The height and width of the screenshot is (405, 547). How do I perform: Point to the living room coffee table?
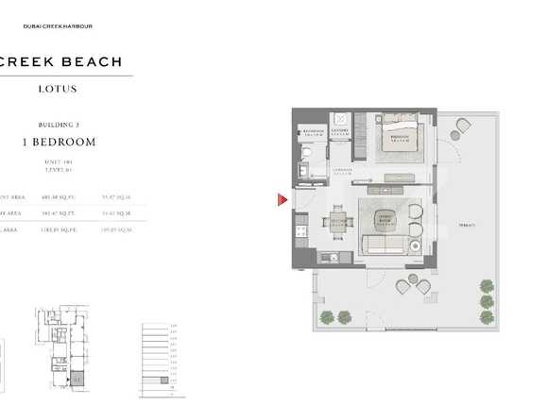pos(386,220)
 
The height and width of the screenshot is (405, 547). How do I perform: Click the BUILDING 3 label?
pos(59,125)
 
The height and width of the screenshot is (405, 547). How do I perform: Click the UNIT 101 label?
pos(59,160)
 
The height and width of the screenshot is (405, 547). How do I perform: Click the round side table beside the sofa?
pos(415,245)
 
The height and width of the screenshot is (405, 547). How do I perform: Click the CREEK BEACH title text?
pos(60,62)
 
